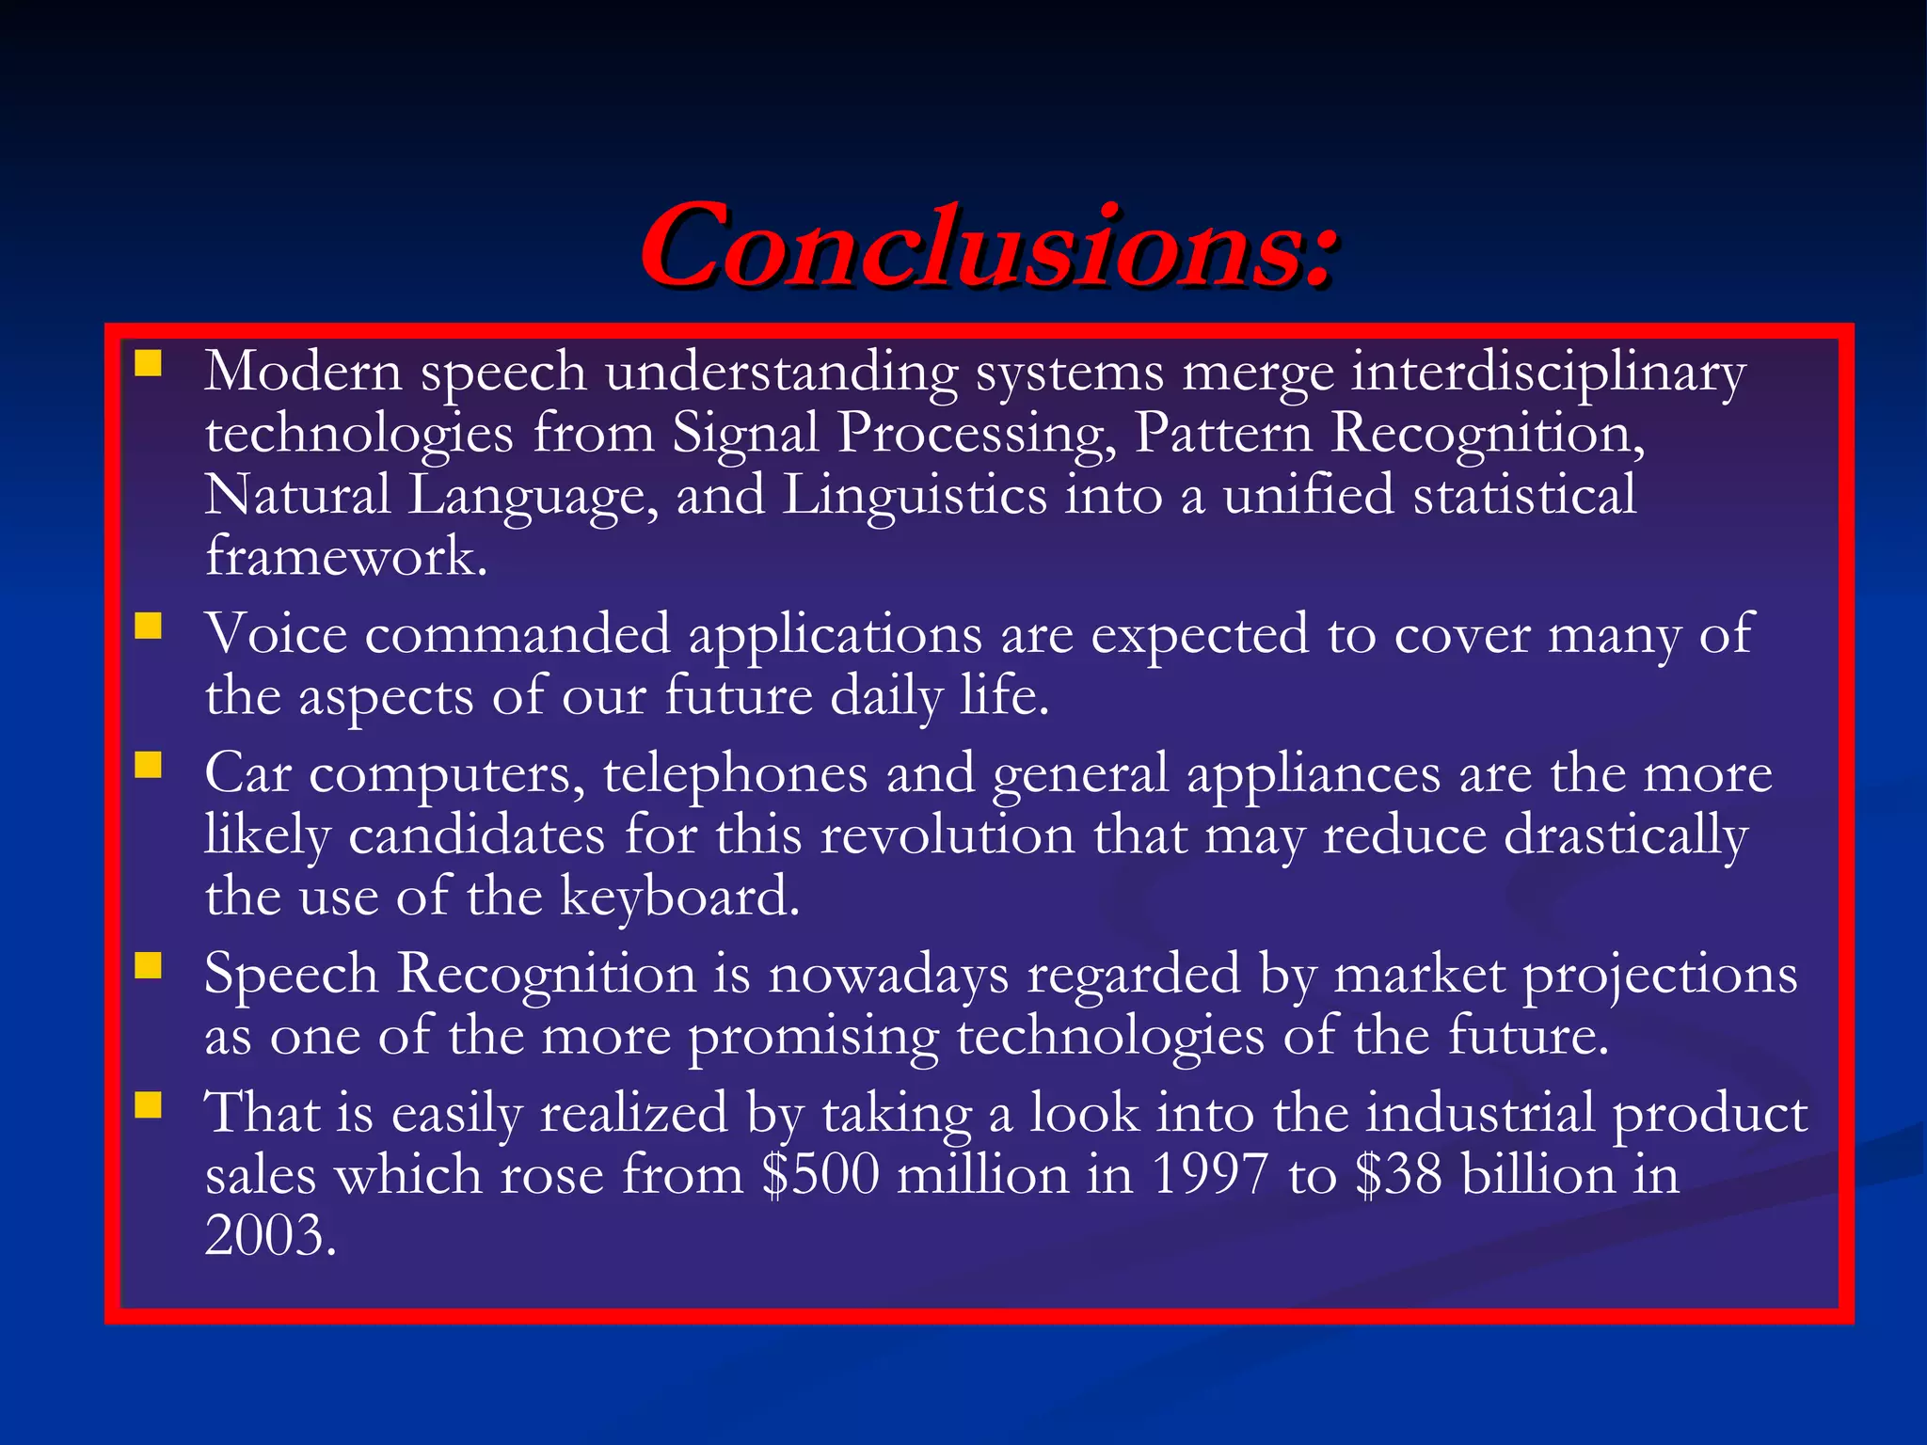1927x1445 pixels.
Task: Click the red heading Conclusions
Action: click(x=988, y=246)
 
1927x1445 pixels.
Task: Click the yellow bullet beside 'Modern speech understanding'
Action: click(x=148, y=363)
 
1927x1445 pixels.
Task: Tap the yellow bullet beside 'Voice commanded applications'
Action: click(x=148, y=626)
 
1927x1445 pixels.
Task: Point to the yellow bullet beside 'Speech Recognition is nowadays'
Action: click(x=148, y=965)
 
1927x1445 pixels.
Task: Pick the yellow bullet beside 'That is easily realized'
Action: click(x=148, y=1104)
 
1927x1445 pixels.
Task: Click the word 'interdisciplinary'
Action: click(x=1548, y=373)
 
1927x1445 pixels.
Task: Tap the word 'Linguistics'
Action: click(x=915, y=496)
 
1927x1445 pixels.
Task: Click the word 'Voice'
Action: click(x=276, y=634)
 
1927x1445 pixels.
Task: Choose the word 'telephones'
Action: click(x=735, y=774)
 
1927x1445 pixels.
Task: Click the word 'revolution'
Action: click(x=948, y=835)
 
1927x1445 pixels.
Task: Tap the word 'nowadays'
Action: click(x=888, y=975)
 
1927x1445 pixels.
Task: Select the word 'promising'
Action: click(x=814, y=1037)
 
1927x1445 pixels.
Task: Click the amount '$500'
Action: click(x=820, y=1176)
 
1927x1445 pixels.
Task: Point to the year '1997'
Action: click(x=1210, y=1176)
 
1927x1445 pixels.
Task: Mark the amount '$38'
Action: click(x=1398, y=1176)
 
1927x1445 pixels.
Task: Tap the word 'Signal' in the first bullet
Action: click(x=745, y=435)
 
